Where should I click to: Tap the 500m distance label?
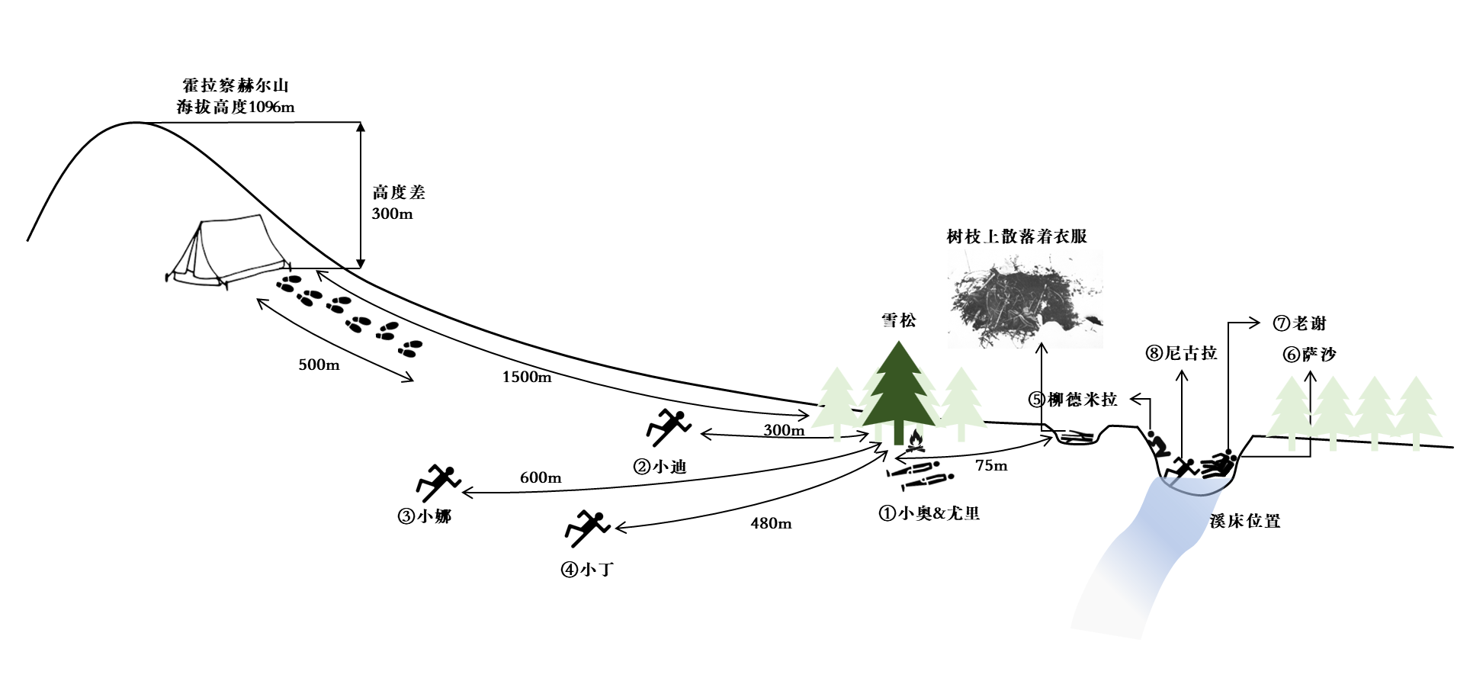[319, 365]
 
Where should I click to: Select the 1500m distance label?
[526, 377]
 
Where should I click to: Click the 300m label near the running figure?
[784, 430]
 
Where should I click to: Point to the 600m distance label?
[541, 478]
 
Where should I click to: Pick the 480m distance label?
[771, 524]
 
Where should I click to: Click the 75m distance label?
[991, 466]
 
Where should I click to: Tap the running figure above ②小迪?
[668, 427]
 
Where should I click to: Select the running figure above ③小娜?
[438, 482]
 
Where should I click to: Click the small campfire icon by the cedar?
[915, 441]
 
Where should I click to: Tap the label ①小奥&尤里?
[929, 513]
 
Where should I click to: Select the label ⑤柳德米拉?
[1073, 400]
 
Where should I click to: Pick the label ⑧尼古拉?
[1182, 353]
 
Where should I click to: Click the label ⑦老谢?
[1300, 323]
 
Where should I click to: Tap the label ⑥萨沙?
[1310, 355]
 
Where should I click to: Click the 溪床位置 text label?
[1244, 522]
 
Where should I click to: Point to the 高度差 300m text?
[398, 203]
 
